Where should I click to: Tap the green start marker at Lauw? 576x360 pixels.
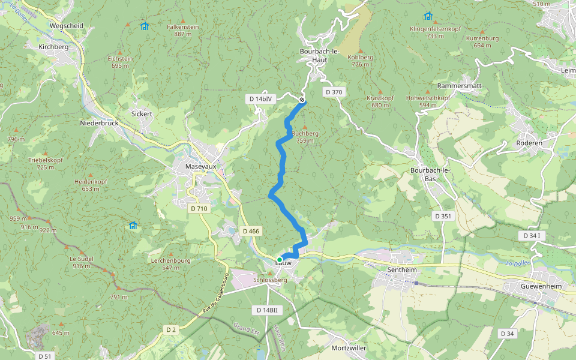coord(280,260)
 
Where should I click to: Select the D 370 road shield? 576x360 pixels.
coord(333,92)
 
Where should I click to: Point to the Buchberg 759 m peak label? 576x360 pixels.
coord(305,137)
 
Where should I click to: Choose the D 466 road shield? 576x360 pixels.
coord(251,231)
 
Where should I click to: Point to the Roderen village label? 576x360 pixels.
coord(529,143)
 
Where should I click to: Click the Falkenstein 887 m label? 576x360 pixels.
coord(182,31)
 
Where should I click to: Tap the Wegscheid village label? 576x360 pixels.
coord(67,26)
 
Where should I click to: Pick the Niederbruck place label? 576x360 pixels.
coord(100,123)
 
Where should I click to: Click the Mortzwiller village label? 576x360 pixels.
coord(349,348)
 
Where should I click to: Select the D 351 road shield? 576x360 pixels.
coord(443,216)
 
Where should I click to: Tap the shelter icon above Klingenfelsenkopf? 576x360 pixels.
coord(428,16)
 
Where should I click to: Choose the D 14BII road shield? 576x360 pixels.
coord(266,310)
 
